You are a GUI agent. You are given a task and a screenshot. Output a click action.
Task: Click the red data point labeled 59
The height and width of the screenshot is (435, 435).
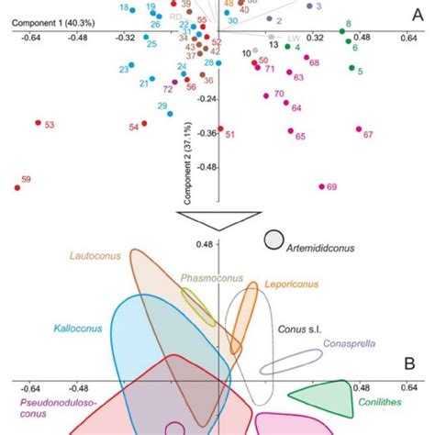pyautogui.click(x=17, y=188)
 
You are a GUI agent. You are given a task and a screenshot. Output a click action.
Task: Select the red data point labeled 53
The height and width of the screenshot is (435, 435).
pyautogui.click(x=39, y=122)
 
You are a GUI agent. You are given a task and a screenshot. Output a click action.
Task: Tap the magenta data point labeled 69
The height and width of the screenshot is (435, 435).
pyautogui.click(x=321, y=186)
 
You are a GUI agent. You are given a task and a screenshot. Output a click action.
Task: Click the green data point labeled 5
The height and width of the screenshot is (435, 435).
pyautogui.click(x=350, y=71)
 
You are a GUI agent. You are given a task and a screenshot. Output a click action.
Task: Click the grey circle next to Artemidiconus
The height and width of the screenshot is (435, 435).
pyautogui.click(x=273, y=240)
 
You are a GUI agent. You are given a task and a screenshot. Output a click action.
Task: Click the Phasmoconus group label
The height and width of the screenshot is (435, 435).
pyautogui.click(x=206, y=276)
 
